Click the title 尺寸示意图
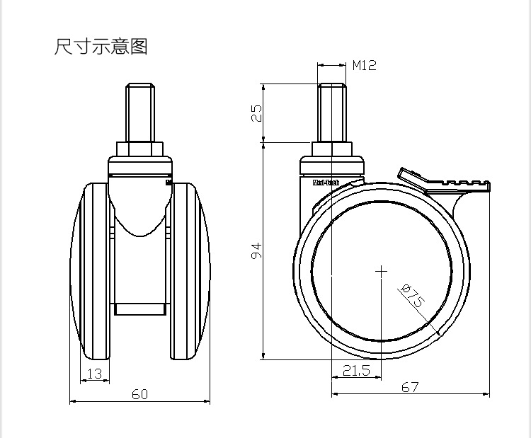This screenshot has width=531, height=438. [101, 47]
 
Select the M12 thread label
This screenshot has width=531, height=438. [365, 66]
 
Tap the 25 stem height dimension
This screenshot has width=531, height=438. [257, 113]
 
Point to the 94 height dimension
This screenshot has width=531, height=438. [257, 250]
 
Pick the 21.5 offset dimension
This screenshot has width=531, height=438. [356, 370]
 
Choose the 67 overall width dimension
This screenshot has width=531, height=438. [410, 387]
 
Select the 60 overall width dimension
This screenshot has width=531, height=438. [139, 394]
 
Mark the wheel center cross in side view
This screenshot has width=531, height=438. [382, 270]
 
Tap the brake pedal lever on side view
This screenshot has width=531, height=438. [445, 183]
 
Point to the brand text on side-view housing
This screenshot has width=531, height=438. [326, 183]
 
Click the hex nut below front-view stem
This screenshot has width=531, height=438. [140, 149]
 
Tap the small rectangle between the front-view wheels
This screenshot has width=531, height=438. [140, 309]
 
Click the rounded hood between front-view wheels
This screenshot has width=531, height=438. [140, 205]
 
